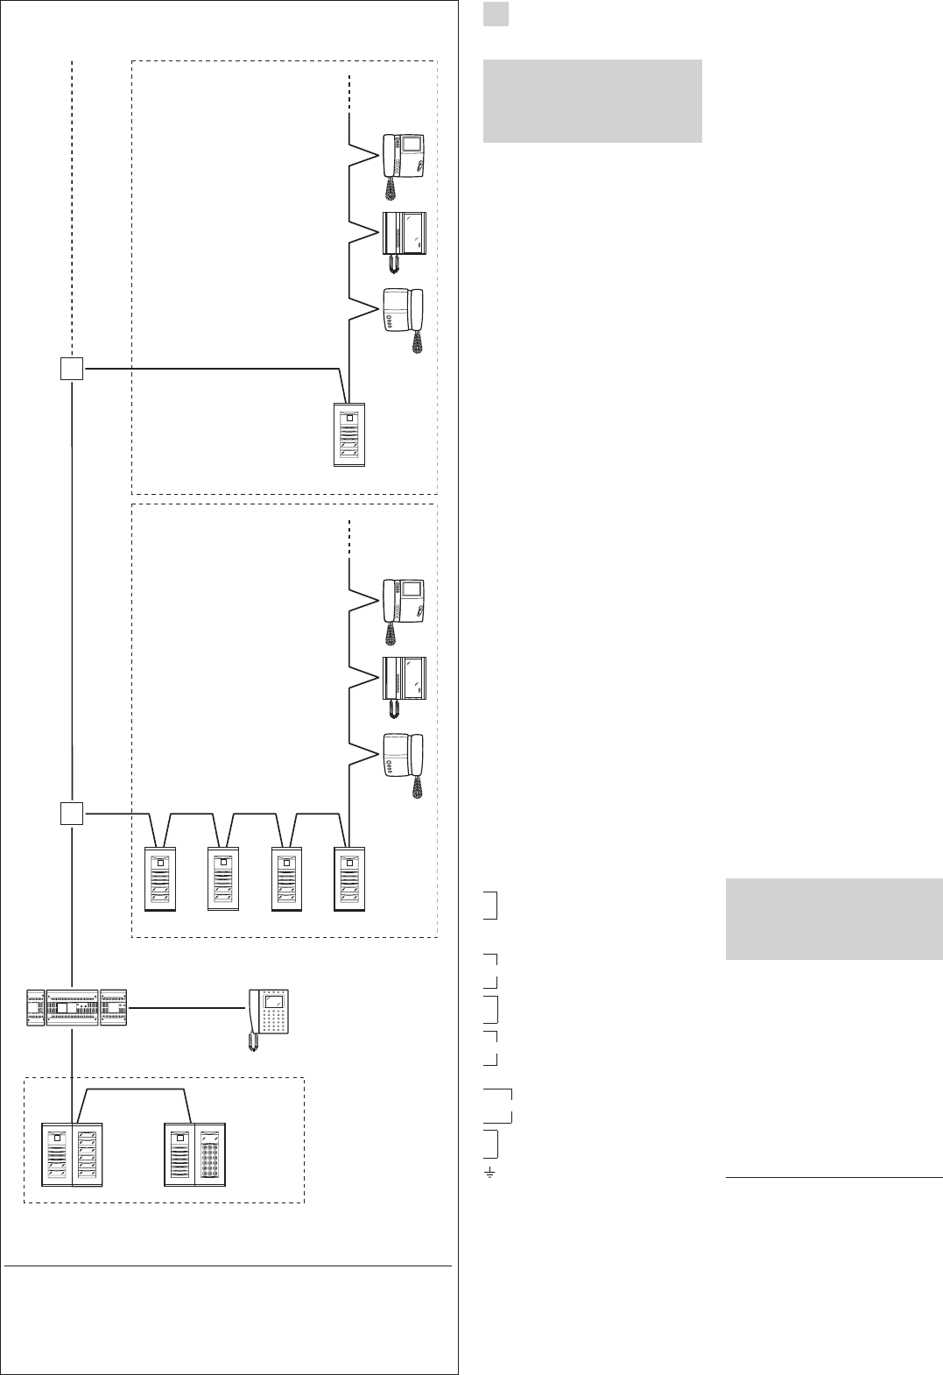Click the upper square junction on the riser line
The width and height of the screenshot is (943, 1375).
[72, 369]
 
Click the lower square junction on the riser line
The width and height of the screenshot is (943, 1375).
[72, 814]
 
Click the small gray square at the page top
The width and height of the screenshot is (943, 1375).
[496, 13]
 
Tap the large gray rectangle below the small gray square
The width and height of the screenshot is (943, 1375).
[592, 101]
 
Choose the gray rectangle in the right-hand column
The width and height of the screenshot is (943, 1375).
[834, 919]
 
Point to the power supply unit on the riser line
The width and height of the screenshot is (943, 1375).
[78, 1008]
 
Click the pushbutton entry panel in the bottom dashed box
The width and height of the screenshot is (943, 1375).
[73, 1153]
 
